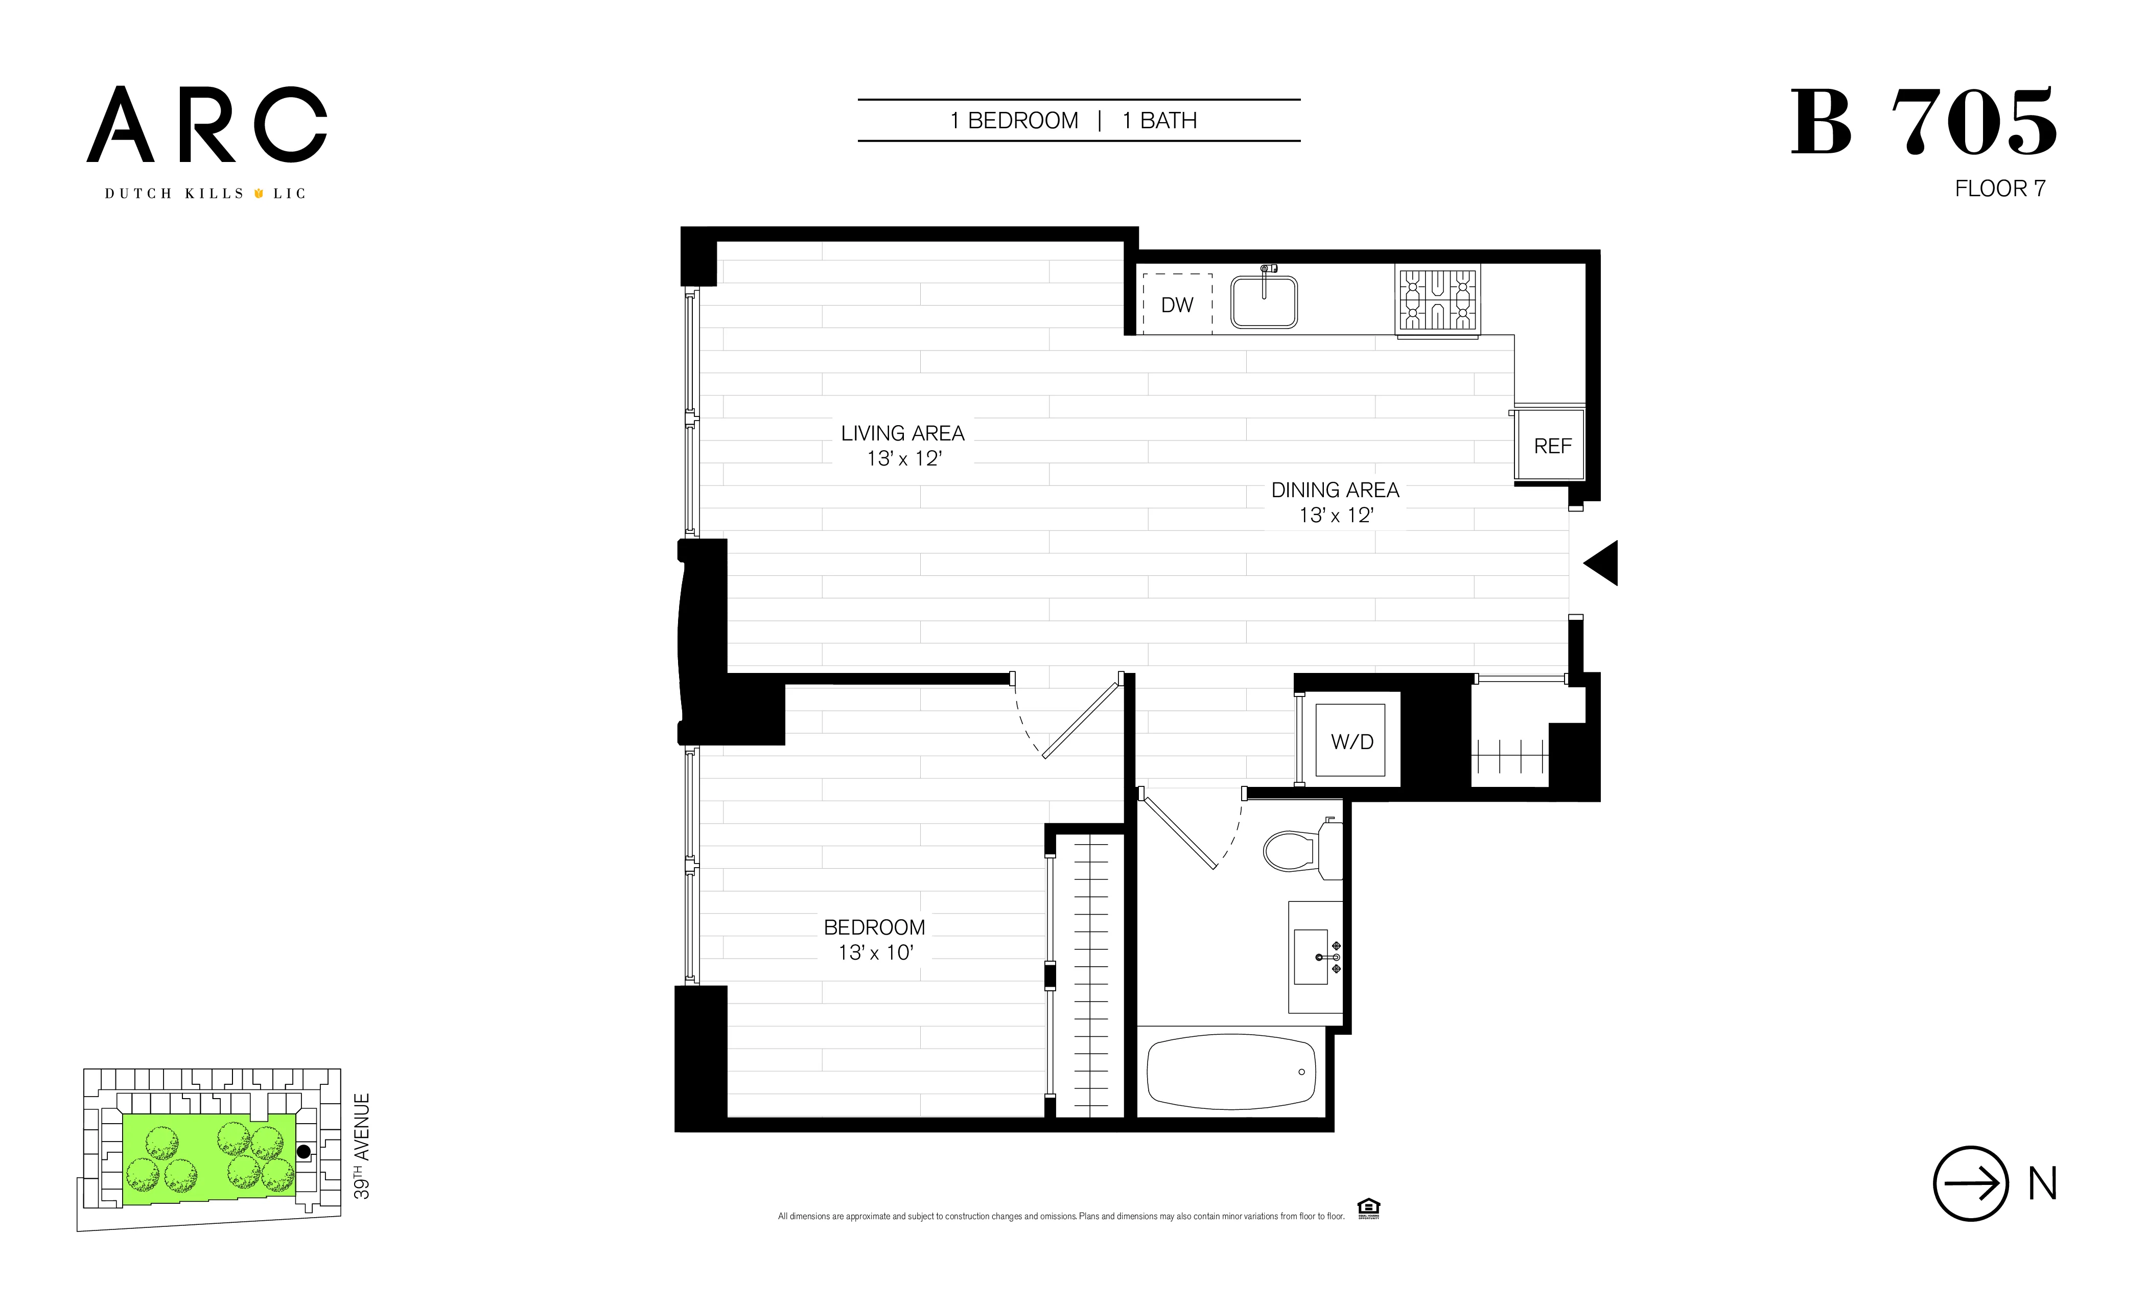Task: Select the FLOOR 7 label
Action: coord(2000,189)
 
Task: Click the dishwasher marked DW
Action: coord(1177,304)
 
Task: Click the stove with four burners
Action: coord(1438,299)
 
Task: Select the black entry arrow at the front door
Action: coord(1602,563)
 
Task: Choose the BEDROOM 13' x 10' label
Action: coord(874,939)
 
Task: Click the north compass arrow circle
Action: coord(1971,1183)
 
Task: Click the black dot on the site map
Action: coord(303,1151)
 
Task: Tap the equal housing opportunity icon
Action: coord(1368,1208)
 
